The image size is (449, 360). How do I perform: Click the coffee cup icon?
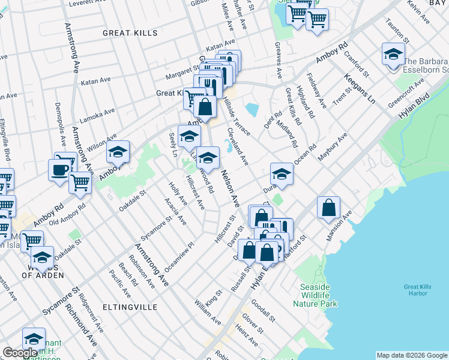pos(59,170)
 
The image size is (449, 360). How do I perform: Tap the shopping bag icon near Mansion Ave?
pos(329,208)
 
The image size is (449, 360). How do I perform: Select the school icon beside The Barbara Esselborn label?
pos(393,55)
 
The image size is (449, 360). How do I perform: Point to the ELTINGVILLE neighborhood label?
pos(130,307)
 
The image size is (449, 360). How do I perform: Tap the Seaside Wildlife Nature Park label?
pos(315,295)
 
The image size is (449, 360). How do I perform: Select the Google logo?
pos(20,353)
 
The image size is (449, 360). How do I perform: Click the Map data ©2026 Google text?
pos(411,355)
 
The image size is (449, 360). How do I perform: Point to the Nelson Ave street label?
pos(231,187)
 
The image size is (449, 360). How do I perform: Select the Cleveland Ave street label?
pos(237,146)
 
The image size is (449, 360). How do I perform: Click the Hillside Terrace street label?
pos(236,111)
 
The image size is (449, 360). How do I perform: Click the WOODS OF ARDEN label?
pos(43,271)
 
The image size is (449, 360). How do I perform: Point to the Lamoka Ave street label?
pos(98,114)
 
